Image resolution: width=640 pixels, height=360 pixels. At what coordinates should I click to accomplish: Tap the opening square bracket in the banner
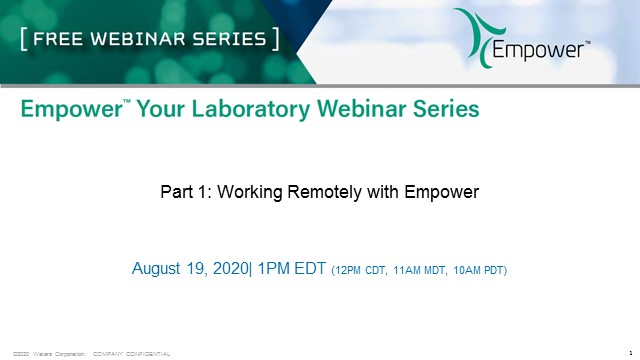click(23, 40)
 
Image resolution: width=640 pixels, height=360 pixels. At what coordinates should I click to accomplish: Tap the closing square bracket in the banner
click(274, 40)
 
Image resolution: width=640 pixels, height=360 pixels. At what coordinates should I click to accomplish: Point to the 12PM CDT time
click(357, 270)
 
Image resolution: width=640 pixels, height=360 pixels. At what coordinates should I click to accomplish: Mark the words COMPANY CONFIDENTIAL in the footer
click(132, 354)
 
